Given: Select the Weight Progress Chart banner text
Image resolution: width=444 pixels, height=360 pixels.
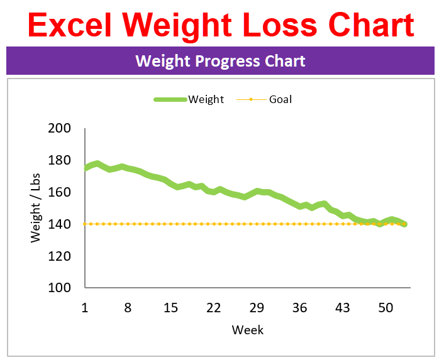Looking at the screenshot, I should [220, 61].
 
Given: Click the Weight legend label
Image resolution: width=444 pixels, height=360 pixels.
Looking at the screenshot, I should [206, 99].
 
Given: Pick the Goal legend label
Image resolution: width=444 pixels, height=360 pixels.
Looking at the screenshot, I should [280, 99].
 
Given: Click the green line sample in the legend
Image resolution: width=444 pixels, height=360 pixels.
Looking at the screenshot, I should [170, 99].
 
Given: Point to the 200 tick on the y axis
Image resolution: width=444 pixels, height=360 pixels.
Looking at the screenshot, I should [59, 129].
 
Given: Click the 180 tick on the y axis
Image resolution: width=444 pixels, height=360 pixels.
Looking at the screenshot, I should [59, 160].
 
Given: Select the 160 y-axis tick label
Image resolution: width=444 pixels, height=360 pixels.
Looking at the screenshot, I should [59, 192].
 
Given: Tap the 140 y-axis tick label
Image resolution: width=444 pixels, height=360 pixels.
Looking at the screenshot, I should [59, 224].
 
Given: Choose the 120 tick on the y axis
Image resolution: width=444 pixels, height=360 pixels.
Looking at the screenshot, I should [59, 256].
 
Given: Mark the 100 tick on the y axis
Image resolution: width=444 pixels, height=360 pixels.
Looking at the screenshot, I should [59, 288].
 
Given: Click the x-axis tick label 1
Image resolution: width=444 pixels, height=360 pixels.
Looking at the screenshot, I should [85, 307].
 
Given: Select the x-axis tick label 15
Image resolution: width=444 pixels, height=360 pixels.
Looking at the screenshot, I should [170, 307].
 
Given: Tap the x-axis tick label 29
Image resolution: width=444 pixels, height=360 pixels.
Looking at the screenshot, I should [257, 307].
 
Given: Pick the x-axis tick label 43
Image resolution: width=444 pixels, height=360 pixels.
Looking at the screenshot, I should [343, 307].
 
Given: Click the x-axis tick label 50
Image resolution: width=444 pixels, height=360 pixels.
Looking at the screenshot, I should [386, 307].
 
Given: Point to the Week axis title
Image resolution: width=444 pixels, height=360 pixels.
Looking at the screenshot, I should [248, 330].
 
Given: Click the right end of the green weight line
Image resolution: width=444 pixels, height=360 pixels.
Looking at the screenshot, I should [404, 224].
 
